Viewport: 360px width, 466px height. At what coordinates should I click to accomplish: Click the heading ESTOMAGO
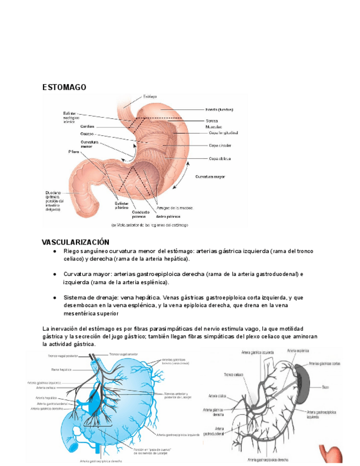64,87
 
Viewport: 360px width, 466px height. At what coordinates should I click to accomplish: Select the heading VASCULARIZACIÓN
76,242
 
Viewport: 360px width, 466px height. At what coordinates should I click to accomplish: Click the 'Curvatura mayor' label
209,177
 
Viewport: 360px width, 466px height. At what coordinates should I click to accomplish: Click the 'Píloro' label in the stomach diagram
74,151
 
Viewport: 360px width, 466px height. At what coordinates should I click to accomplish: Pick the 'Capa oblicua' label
219,159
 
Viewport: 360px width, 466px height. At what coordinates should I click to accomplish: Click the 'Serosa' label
212,120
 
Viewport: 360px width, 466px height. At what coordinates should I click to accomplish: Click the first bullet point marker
55,251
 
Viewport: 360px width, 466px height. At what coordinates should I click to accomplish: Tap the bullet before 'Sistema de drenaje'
55,297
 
